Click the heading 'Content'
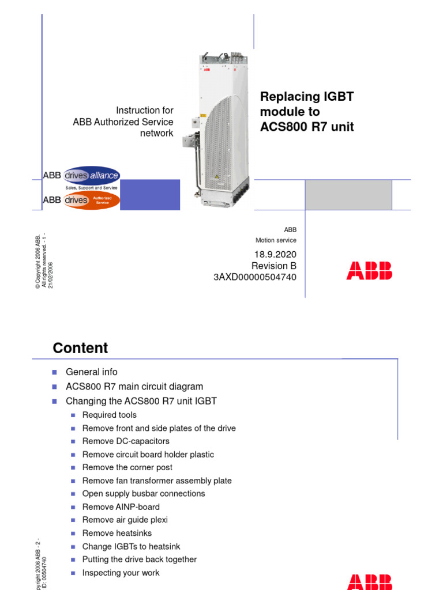(80, 348)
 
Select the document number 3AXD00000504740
(255, 277)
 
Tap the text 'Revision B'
(273, 266)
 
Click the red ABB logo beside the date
(369, 271)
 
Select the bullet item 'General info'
(91, 372)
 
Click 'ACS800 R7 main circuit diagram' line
(134, 387)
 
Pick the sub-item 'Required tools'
(110, 415)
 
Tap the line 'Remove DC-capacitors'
(126, 441)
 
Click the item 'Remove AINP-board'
(121, 507)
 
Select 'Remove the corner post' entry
(127, 467)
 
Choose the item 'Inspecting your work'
(121, 573)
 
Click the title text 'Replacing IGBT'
(306, 97)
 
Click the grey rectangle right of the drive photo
(348, 195)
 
